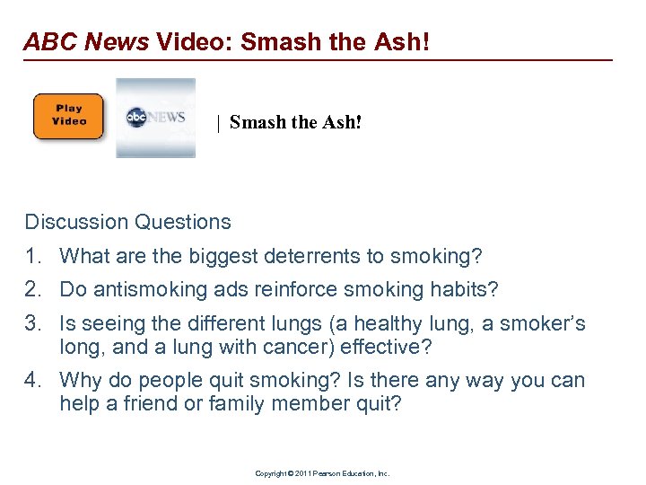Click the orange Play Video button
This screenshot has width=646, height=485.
coord(69,116)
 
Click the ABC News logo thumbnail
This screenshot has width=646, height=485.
coord(155,118)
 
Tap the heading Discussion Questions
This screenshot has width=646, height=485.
coord(127,222)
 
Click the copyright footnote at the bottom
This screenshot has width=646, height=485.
coord(322,473)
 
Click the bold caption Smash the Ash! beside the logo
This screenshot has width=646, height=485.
coord(295,121)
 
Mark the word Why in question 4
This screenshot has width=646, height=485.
coord(80,381)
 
